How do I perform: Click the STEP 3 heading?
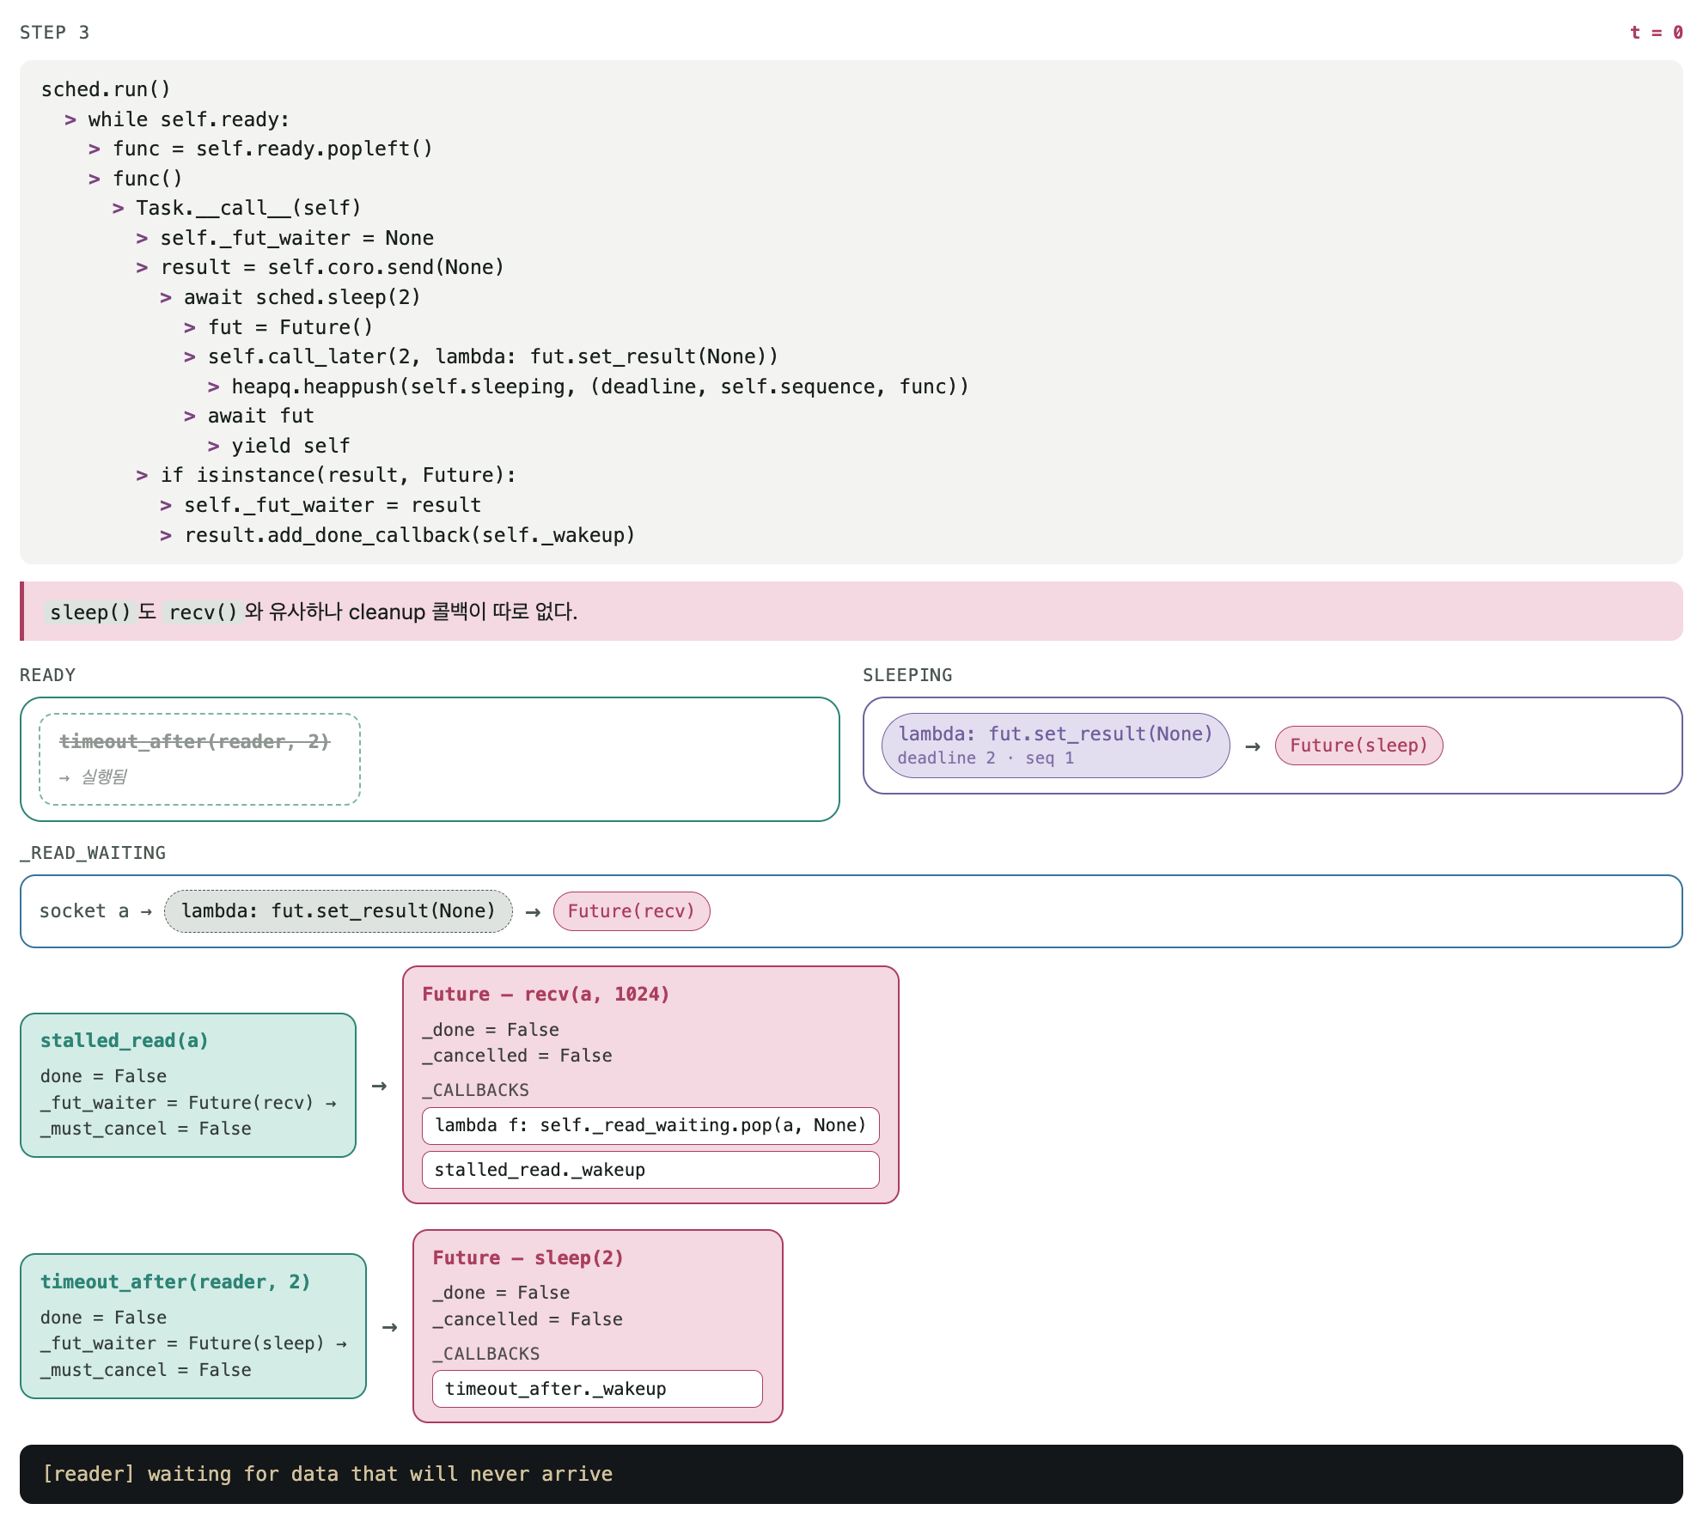54,33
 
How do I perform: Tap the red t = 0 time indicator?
1656,33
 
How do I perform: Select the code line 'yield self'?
290,446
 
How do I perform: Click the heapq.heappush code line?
600,387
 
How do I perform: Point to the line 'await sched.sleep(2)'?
302,297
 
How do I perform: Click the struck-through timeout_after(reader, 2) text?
194,741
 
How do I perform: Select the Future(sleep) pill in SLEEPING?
1358,746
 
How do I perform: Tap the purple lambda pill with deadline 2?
1055,746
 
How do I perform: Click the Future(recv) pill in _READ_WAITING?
632,911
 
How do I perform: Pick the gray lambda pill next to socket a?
339,911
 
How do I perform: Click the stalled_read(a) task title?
125,1041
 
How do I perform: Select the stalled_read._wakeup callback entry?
650,1170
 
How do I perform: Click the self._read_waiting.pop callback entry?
650,1126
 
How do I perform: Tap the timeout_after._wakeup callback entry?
597,1389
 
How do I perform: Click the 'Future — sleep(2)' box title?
528,1258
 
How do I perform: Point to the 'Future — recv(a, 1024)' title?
546,995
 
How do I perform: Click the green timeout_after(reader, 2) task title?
175,1282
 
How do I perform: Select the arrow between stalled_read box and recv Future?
379,1087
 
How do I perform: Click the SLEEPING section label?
907,675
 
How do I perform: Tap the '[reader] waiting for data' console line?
327,1475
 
